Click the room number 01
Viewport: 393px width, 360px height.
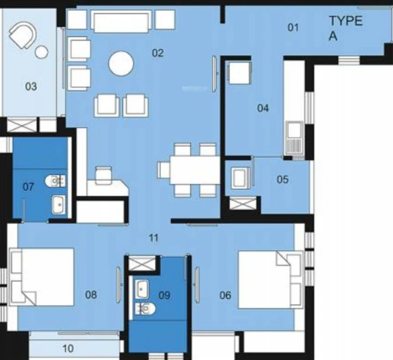tap(292, 27)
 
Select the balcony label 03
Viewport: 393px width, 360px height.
tap(31, 86)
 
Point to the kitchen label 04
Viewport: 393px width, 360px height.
tap(263, 108)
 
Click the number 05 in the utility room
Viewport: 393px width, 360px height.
tap(282, 179)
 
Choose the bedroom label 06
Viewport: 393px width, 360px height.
tap(225, 294)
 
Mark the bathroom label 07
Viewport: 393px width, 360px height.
tap(27, 186)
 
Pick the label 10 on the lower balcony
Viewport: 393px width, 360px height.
tap(67, 348)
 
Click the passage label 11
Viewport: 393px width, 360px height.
tap(153, 237)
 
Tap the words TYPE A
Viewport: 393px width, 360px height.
tap(345, 29)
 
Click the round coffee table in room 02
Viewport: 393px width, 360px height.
tap(122, 64)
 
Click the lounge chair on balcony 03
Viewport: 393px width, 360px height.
tap(25, 34)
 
